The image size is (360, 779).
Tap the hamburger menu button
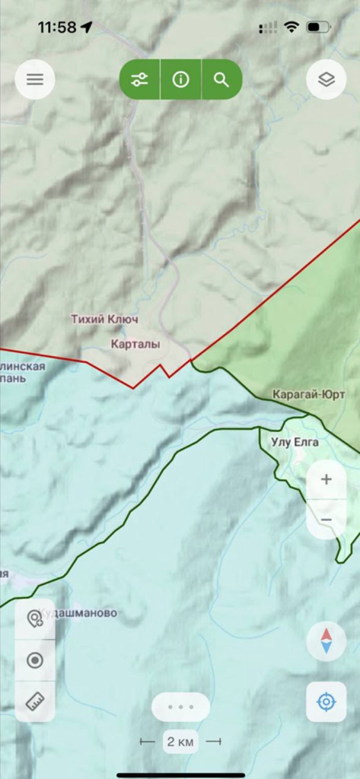35,79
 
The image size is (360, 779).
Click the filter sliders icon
140,79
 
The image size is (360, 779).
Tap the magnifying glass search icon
221,79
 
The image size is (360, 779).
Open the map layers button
327,79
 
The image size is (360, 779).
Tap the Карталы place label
135,345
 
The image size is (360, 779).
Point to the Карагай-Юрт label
309,394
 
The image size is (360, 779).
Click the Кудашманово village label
80,613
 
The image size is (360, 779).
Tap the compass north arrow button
327,641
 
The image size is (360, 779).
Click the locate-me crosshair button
327,701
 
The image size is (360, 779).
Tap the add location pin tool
35,619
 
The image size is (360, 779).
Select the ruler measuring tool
35,701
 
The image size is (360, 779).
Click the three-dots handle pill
181,707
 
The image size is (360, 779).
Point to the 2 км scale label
181,741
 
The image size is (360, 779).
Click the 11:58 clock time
57,27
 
